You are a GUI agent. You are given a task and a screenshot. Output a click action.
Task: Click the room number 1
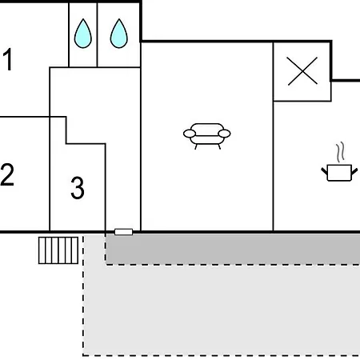tap(8, 59)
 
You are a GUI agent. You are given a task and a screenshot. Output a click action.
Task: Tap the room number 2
tap(7, 174)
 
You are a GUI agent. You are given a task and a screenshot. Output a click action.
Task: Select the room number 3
tap(78, 188)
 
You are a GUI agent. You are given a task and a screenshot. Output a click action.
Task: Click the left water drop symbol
tap(83, 34)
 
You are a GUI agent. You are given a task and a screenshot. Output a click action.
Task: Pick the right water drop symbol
tap(119, 34)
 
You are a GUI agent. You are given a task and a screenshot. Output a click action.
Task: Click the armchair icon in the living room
tap(207, 136)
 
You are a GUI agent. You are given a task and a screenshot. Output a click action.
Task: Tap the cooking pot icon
tap(339, 173)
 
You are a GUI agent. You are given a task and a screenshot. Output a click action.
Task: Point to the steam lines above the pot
tap(340, 153)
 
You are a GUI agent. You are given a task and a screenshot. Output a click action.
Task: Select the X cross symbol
tap(302, 71)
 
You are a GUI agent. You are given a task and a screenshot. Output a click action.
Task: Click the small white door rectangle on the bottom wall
tap(123, 232)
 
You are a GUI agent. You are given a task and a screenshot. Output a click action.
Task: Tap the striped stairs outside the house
tap(58, 250)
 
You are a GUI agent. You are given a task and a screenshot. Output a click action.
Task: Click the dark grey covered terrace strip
tap(233, 250)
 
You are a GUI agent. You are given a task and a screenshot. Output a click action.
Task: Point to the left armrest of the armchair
tap(190, 134)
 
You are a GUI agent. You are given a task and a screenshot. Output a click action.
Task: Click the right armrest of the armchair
tap(224, 134)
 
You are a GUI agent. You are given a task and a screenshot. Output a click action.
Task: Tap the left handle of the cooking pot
tap(324, 171)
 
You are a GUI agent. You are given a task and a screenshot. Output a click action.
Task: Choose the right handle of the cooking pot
tap(354, 171)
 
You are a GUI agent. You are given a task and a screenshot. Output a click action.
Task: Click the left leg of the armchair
tap(196, 146)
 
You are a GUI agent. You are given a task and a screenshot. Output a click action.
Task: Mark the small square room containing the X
tap(302, 71)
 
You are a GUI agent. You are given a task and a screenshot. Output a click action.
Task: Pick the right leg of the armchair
tap(219, 146)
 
